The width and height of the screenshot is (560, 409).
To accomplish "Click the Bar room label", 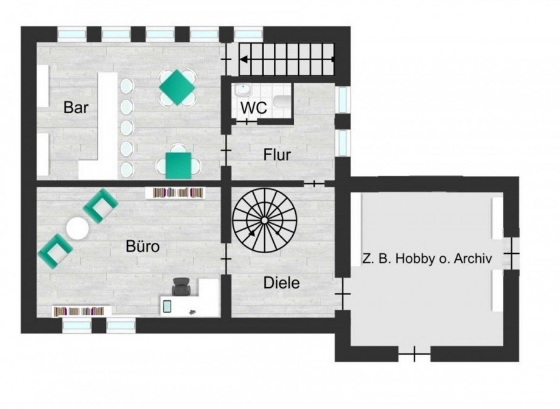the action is [75, 107].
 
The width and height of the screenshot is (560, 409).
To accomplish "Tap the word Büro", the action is [142, 246].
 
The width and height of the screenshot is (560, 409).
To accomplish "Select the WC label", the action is [254, 108].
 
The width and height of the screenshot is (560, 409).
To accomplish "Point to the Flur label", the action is [277, 155].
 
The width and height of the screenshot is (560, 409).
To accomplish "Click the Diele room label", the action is [281, 283].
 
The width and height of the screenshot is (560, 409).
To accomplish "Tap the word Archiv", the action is [473, 258].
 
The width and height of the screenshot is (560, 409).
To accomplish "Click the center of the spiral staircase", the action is [264, 220].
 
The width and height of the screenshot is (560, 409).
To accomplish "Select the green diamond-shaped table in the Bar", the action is [177, 88].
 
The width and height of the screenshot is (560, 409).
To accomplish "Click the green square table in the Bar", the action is [178, 166].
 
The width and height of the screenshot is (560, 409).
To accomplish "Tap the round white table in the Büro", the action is [77, 229].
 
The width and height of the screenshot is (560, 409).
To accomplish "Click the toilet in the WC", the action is [283, 102].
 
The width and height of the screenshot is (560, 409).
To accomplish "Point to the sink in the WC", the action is [243, 89].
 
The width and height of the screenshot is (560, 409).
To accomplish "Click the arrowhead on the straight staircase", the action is [244, 60].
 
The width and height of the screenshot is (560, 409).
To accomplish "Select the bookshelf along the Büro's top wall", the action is [175, 193].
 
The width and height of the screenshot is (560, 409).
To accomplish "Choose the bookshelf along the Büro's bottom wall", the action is [82, 311].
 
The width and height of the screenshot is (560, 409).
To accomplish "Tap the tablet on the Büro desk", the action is [167, 307].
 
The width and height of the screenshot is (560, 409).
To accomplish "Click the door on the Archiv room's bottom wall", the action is [415, 354].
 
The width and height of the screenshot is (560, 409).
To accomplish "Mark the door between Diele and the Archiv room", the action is [343, 293].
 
